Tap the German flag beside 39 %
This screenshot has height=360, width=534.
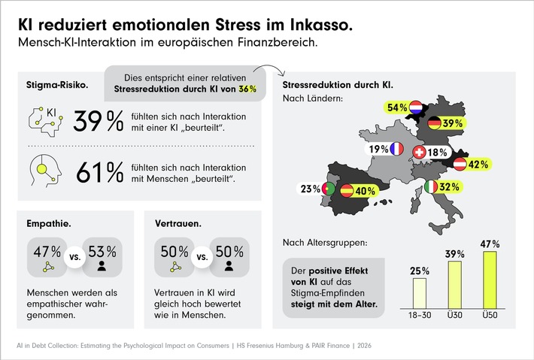pos(434,123)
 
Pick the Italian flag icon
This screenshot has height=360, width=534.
pos(432,186)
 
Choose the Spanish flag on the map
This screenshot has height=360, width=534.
pos(347,191)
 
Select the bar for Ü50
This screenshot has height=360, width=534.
pos(490,282)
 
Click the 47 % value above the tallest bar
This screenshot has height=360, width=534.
pos(490,244)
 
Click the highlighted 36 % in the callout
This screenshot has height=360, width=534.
pos(247,88)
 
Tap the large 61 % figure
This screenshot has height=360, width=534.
pos(100,173)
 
